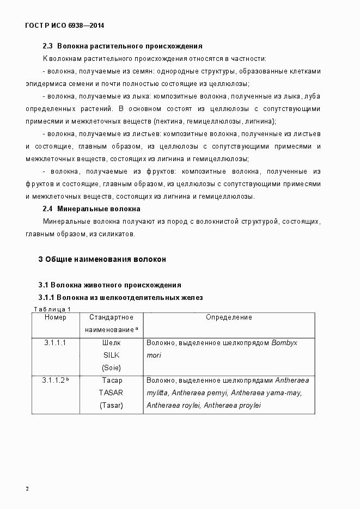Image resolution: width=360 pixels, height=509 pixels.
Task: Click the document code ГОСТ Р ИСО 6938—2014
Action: click(65, 26)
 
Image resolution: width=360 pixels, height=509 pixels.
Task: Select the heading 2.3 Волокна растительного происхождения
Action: click(123, 46)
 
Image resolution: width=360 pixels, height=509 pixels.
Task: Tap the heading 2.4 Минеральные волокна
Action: click(91, 208)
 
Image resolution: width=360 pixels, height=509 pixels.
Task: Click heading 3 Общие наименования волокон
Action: click(102, 259)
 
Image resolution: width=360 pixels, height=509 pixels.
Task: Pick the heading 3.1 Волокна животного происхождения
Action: click(109, 285)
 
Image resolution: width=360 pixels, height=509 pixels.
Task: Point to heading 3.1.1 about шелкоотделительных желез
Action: click(120, 298)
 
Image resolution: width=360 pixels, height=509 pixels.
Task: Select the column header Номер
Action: click(56, 317)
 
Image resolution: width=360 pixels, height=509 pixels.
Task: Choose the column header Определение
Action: click(229, 317)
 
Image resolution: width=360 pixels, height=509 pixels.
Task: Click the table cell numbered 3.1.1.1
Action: click(55, 343)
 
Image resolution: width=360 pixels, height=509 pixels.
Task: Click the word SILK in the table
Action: click(112, 355)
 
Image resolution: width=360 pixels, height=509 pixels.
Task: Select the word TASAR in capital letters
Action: click(111, 393)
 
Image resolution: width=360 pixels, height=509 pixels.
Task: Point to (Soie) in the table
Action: click(112, 367)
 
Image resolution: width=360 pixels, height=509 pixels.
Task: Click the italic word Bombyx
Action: click(284, 343)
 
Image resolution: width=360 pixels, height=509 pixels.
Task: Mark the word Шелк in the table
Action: click(112, 343)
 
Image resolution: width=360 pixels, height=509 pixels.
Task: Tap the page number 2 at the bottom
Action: click(27, 488)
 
